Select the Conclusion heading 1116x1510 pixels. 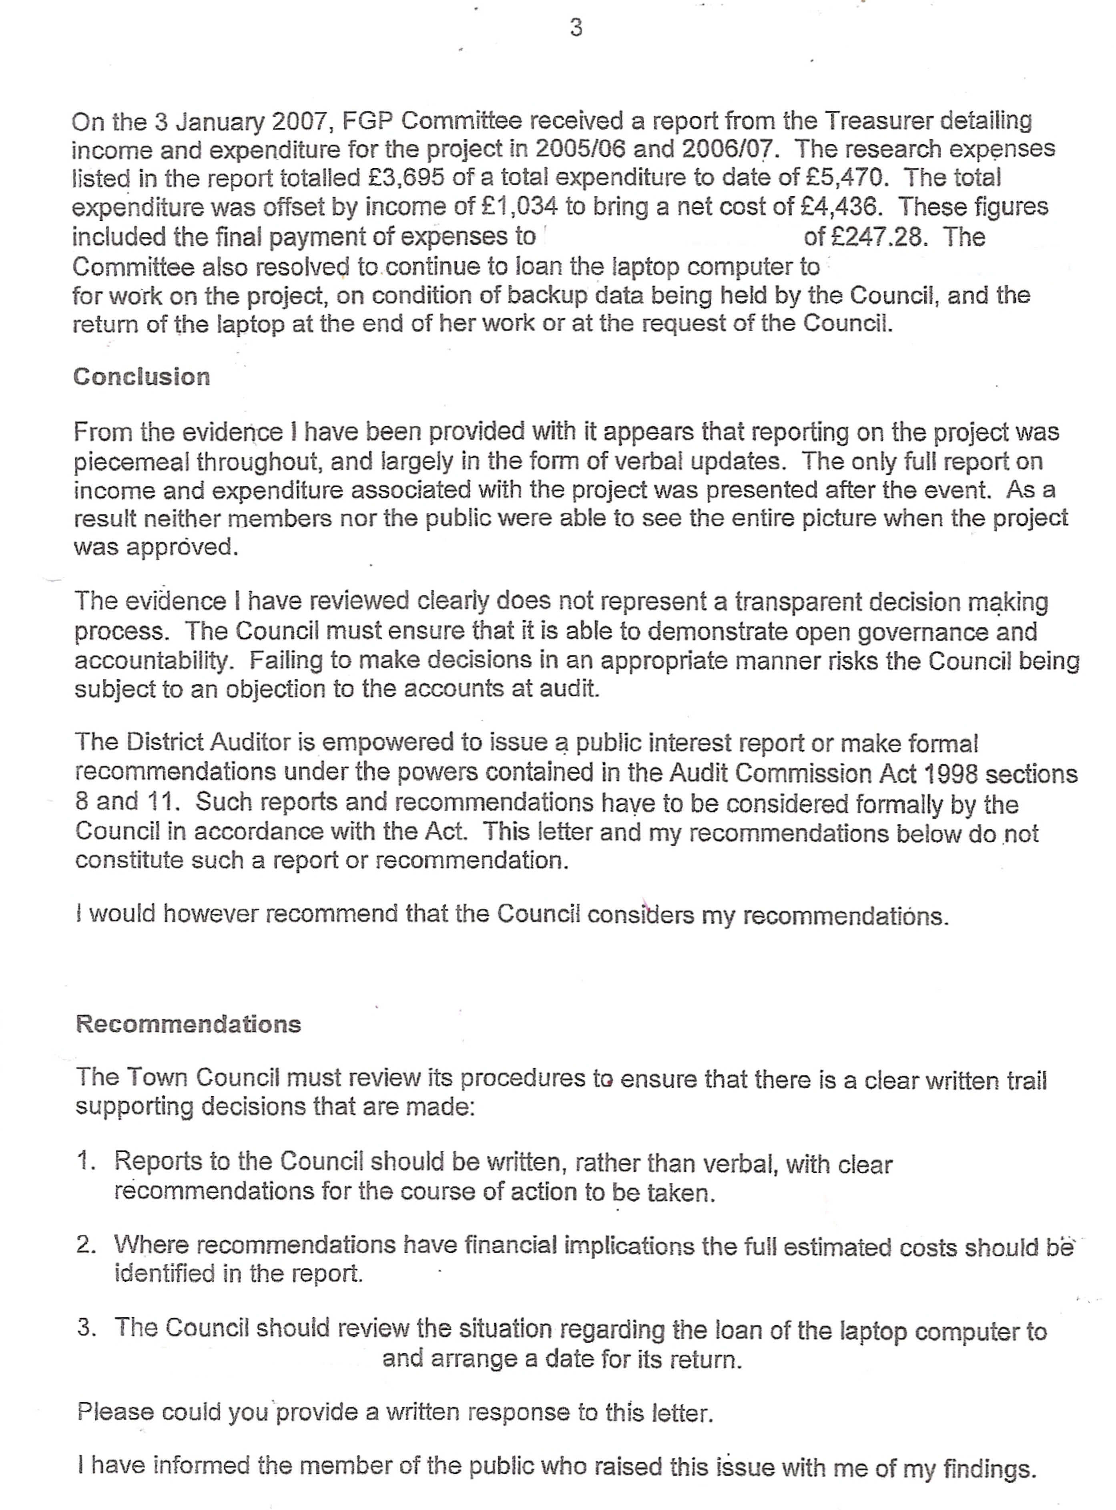tap(141, 376)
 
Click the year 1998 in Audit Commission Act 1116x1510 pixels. tap(955, 773)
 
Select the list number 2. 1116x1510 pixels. tap(86, 1244)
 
